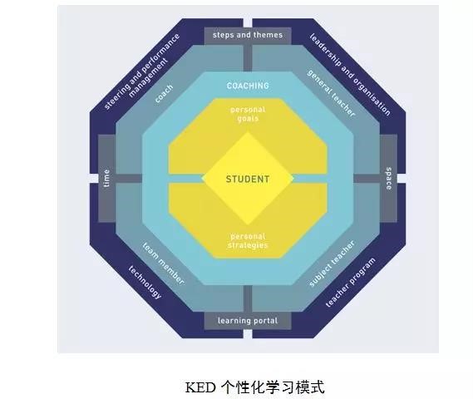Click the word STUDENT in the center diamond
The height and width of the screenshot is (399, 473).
coord(248,180)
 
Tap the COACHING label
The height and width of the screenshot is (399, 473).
coord(248,86)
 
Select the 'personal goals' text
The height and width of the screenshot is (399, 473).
coord(248,114)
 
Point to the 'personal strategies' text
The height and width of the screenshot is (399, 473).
coord(248,241)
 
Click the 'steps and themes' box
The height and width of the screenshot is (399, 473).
coord(248,36)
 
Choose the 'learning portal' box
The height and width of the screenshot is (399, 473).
coord(248,321)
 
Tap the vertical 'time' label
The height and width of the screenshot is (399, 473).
coord(106,178)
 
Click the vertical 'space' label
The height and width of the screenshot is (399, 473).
coord(389,178)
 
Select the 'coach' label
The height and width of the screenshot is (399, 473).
coord(164,93)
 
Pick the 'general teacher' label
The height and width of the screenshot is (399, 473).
coord(331,93)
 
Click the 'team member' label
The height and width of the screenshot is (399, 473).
coord(163,264)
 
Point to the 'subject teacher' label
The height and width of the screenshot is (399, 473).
coord(333,264)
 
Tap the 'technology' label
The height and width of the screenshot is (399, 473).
coord(145,283)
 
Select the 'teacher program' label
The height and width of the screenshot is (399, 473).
coord(351,283)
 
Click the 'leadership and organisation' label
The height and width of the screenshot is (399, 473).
coord(350,75)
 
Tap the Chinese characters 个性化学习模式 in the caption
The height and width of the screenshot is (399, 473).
coord(273,387)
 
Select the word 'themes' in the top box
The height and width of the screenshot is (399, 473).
coord(268,35)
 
